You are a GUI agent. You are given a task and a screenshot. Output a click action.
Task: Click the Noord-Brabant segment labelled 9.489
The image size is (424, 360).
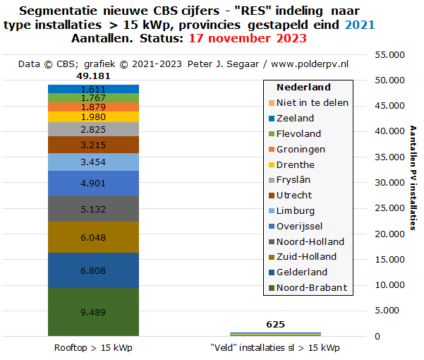click(x=93, y=311)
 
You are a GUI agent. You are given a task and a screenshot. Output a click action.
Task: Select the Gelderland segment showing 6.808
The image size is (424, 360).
click(x=93, y=270)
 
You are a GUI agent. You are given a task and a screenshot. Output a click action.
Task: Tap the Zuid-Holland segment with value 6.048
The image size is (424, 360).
click(x=93, y=237)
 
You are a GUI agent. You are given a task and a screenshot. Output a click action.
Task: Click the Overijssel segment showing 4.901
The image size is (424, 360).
click(x=93, y=183)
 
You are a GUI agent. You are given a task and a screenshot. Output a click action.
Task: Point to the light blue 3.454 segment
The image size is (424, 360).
click(x=93, y=162)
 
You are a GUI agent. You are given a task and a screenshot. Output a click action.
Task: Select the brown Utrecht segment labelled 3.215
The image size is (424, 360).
click(x=93, y=145)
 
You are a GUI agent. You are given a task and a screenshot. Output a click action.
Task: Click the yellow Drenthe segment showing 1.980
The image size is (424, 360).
click(x=93, y=116)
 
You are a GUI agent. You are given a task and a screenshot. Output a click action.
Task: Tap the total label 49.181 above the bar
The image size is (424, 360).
click(x=93, y=76)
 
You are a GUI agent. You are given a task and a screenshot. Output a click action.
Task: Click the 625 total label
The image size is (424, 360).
click(x=275, y=324)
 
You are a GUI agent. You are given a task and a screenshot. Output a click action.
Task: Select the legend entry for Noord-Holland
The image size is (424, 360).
click(x=310, y=241)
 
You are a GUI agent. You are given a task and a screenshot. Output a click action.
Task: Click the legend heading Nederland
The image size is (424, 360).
click(x=303, y=87)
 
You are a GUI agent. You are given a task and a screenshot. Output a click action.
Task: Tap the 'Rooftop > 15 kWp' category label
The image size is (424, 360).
click(x=93, y=348)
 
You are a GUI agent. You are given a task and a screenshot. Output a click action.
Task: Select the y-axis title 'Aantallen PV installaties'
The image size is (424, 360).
click(x=413, y=178)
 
